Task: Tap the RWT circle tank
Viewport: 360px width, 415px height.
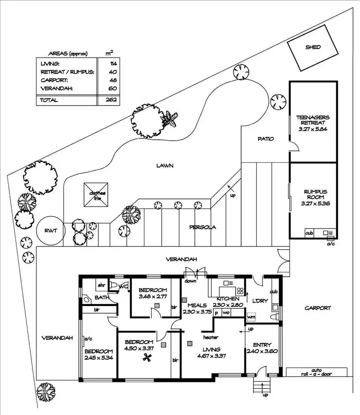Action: click(50, 231)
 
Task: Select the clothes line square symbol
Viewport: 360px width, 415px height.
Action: click(95, 195)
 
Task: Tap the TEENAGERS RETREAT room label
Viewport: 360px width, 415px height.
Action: click(312, 120)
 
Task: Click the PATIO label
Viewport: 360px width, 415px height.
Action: click(265, 139)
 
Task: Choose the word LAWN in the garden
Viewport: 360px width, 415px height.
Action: click(165, 166)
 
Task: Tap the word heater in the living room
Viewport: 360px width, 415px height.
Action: click(211, 337)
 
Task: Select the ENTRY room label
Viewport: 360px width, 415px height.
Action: click(262, 344)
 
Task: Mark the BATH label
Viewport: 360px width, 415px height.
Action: click(102, 298)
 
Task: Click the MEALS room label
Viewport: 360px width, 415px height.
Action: click(197, 305)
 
